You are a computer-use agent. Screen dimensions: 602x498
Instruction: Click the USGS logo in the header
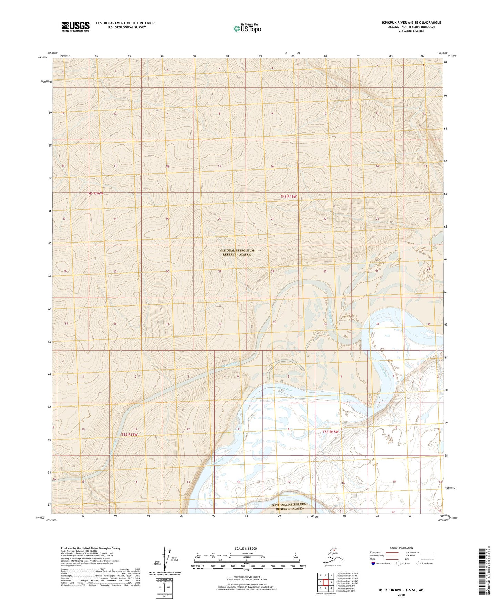click(x=75, y=27)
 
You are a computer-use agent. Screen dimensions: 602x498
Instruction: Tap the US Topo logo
click(x=247, y=28)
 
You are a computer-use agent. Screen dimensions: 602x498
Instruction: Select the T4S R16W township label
click(x=95, y=193)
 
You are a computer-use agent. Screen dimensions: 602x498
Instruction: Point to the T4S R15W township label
click(x=288, y=197)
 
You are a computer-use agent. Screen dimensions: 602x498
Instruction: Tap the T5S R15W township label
click(x=331, y=432)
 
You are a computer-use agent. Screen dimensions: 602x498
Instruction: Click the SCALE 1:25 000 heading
click(x=246, y=548)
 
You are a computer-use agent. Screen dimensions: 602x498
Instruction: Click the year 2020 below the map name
click(x=401, y=595)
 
